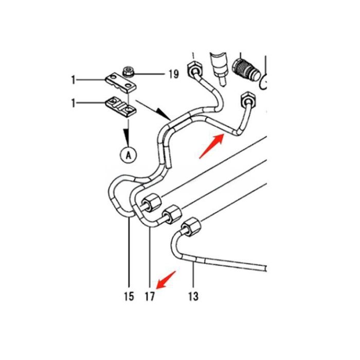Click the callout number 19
tap(173, 75)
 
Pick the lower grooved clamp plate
tap(121, 106)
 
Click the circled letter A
tap(127, 153)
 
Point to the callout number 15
tap(129, 296)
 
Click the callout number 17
tap(150, 296)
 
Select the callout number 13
tap(193, 296)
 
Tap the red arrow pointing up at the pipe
tap(211, 145)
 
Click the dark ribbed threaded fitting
tap(246, 68)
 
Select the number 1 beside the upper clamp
tap(74, 80)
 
